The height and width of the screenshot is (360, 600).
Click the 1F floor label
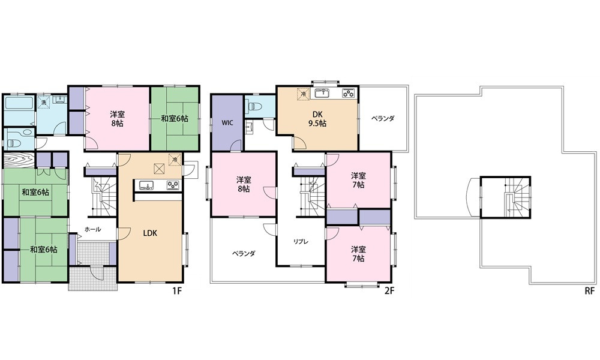177,291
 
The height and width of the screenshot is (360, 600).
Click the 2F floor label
389,291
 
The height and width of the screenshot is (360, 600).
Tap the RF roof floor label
589,291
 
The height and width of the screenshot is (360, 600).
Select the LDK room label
150,233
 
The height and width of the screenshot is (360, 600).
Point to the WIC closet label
227,123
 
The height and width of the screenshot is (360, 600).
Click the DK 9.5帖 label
317,119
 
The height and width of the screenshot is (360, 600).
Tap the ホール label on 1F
92,229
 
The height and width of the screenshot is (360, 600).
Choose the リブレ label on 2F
301,242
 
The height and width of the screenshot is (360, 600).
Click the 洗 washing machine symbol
44,102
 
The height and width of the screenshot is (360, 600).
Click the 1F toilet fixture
14,142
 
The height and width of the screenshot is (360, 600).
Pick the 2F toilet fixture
254,105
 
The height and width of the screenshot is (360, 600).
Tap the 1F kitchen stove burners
172,185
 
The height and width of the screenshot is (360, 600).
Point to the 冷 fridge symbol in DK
303,94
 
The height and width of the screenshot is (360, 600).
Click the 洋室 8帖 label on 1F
117,118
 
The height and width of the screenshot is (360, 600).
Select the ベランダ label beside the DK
382,118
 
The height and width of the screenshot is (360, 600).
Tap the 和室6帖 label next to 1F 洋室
174,118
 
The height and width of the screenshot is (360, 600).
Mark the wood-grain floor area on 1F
19,160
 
